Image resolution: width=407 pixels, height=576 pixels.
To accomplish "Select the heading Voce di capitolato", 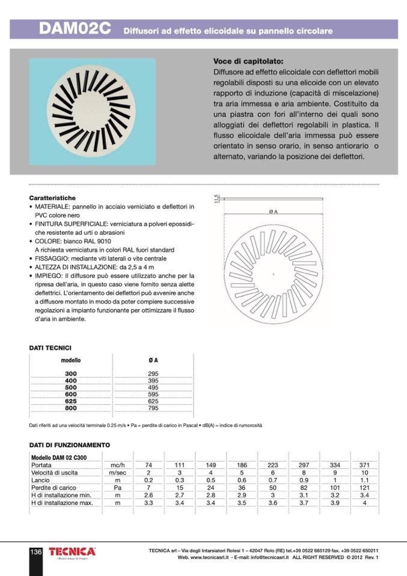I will coord(248,61).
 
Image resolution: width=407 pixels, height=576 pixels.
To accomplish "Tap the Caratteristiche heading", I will coord(52,198).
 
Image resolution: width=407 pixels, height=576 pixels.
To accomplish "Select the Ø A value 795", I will coord(153,408).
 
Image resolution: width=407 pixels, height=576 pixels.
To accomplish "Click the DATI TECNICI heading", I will coord(50,348).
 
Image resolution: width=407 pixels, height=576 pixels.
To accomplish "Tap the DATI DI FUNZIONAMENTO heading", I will coord(70,445).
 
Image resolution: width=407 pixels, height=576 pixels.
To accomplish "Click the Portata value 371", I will coord(364,465).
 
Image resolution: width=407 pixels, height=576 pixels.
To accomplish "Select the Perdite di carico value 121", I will coord(364,488).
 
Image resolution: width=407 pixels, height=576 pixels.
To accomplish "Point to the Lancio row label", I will coord(41,480).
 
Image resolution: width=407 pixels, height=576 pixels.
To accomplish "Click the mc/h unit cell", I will coord(117,465).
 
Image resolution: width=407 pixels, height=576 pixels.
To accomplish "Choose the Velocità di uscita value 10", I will coord(364,473).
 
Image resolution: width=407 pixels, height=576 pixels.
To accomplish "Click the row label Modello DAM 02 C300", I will coord(59,458).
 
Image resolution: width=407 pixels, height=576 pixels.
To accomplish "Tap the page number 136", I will coord(35,552).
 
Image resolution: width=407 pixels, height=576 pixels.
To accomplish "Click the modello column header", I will coord(71,360).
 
